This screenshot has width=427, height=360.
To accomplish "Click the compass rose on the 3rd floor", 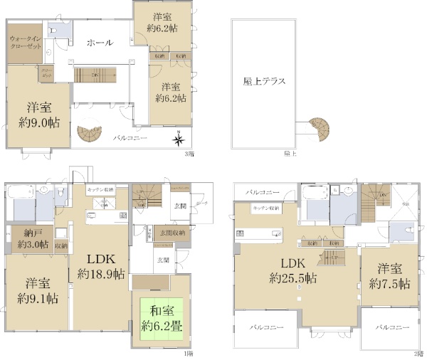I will [x=179, y=140].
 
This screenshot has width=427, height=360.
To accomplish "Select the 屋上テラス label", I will [x=263, y=81].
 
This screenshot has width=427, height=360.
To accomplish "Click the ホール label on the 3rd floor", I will [x=99, y=43].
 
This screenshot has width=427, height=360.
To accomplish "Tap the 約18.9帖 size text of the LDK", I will [x=100, y=274].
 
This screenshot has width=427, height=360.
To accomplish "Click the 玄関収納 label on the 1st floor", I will [x=172, y=233].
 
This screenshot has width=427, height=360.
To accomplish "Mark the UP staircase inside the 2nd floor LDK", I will [x=331, y=257].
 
